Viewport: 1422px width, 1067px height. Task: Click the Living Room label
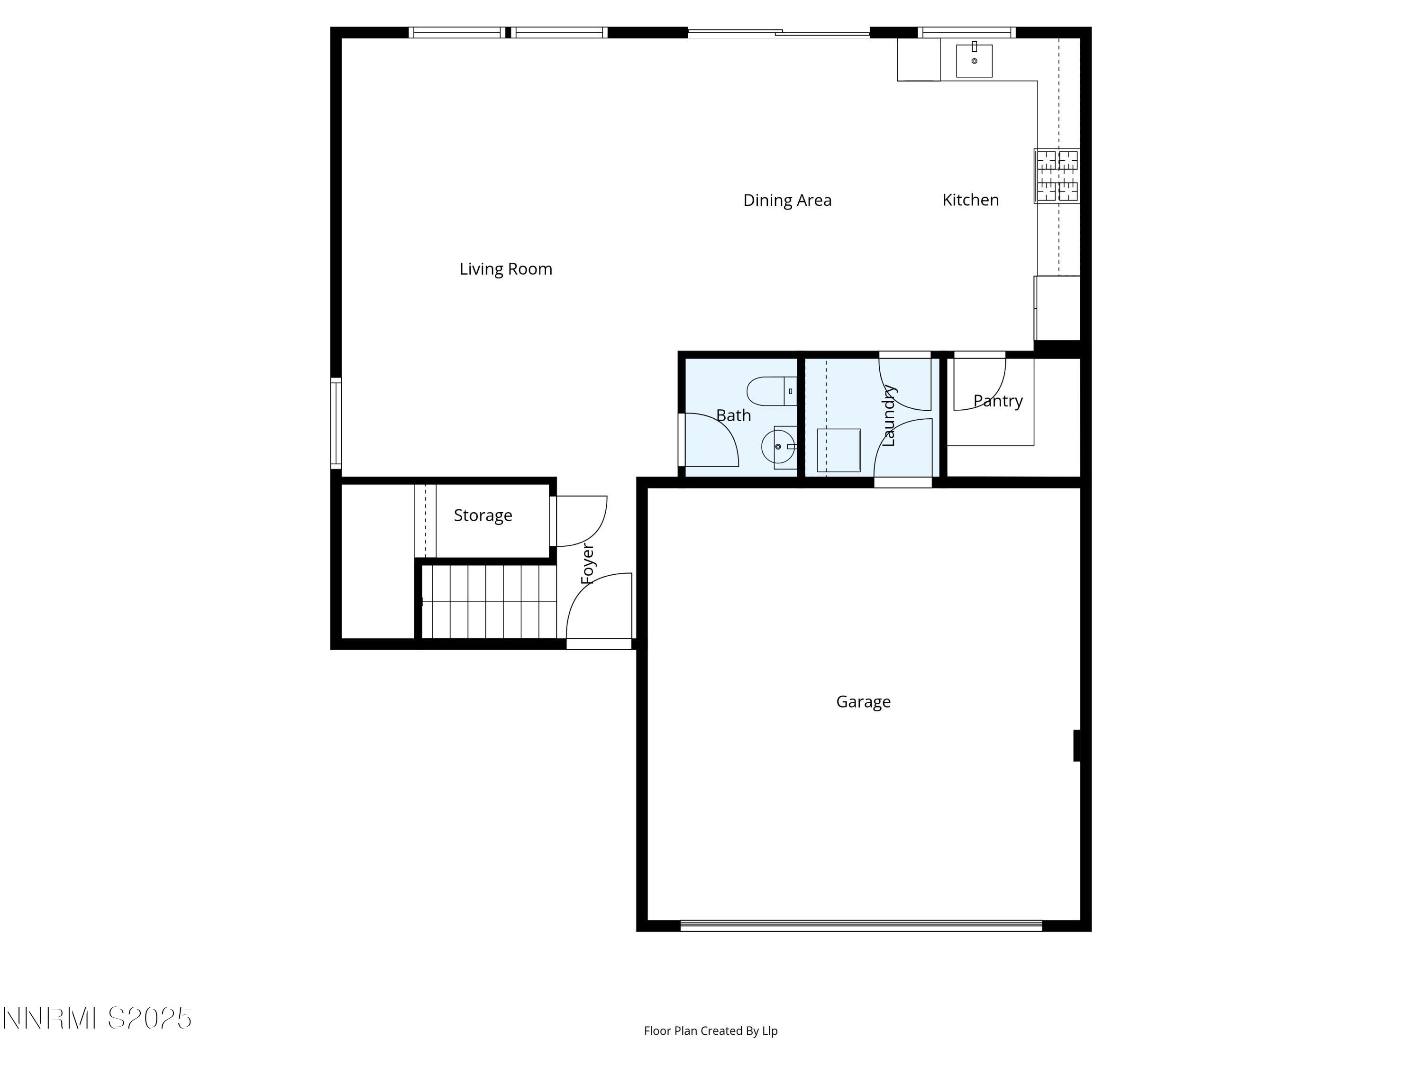point(505,269)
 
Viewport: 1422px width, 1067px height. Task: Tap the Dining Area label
point(787,200)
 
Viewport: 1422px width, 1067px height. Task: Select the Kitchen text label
point(970,200)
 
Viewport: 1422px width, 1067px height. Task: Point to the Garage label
point(863,702)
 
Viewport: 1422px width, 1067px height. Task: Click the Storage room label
point(483,515)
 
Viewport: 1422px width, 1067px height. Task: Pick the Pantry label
point(997,401)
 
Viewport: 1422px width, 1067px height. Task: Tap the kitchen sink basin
point(974,60)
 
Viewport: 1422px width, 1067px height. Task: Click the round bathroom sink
point(778,446)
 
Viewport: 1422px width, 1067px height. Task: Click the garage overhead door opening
point(861,926)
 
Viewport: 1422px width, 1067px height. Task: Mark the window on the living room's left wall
point(336,423)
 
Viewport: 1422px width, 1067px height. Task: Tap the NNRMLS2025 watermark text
point(97,1018)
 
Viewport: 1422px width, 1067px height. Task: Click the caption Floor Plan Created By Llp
point(711,1030)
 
